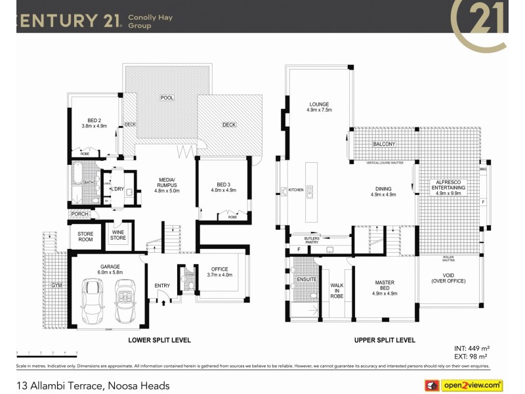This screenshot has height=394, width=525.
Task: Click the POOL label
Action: click(x=167, y=98)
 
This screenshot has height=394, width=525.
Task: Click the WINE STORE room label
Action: click(x=118, y=235)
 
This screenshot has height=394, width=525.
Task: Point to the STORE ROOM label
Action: click(x=85, y=236)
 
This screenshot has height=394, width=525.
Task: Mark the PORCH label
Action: click(x=79, y=215)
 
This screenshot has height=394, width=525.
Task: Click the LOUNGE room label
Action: click(x=319, y=107)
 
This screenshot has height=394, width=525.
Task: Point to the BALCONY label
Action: click(x=384, y=144)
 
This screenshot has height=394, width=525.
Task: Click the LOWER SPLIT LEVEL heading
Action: click(x=159, y=340)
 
